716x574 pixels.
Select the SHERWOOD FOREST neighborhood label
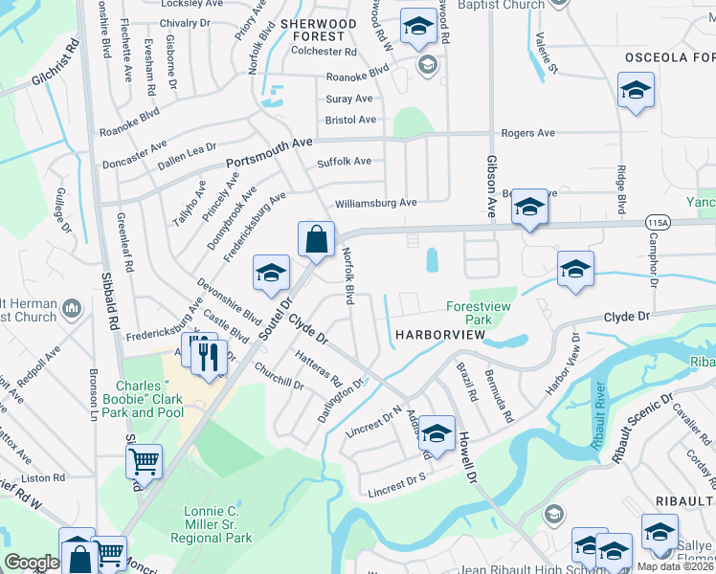pyautogui.click(x=317, y=30)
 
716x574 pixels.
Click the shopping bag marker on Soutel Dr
pyautogui.click(x=316, y=239)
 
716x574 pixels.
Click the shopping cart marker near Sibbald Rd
pyautogui.click(x=144, y=462)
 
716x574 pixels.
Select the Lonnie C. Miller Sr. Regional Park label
pyautogui.click(x=218, y=524)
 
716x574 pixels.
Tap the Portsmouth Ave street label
pyautogui.click(x=269, y=151)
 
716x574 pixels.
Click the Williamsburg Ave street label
pyautogui.click(x=375, y=203)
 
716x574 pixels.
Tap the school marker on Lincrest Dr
pyautogui.click(x=436, y=432)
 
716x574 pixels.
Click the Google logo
pyautogui.click(x=32, y=562)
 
